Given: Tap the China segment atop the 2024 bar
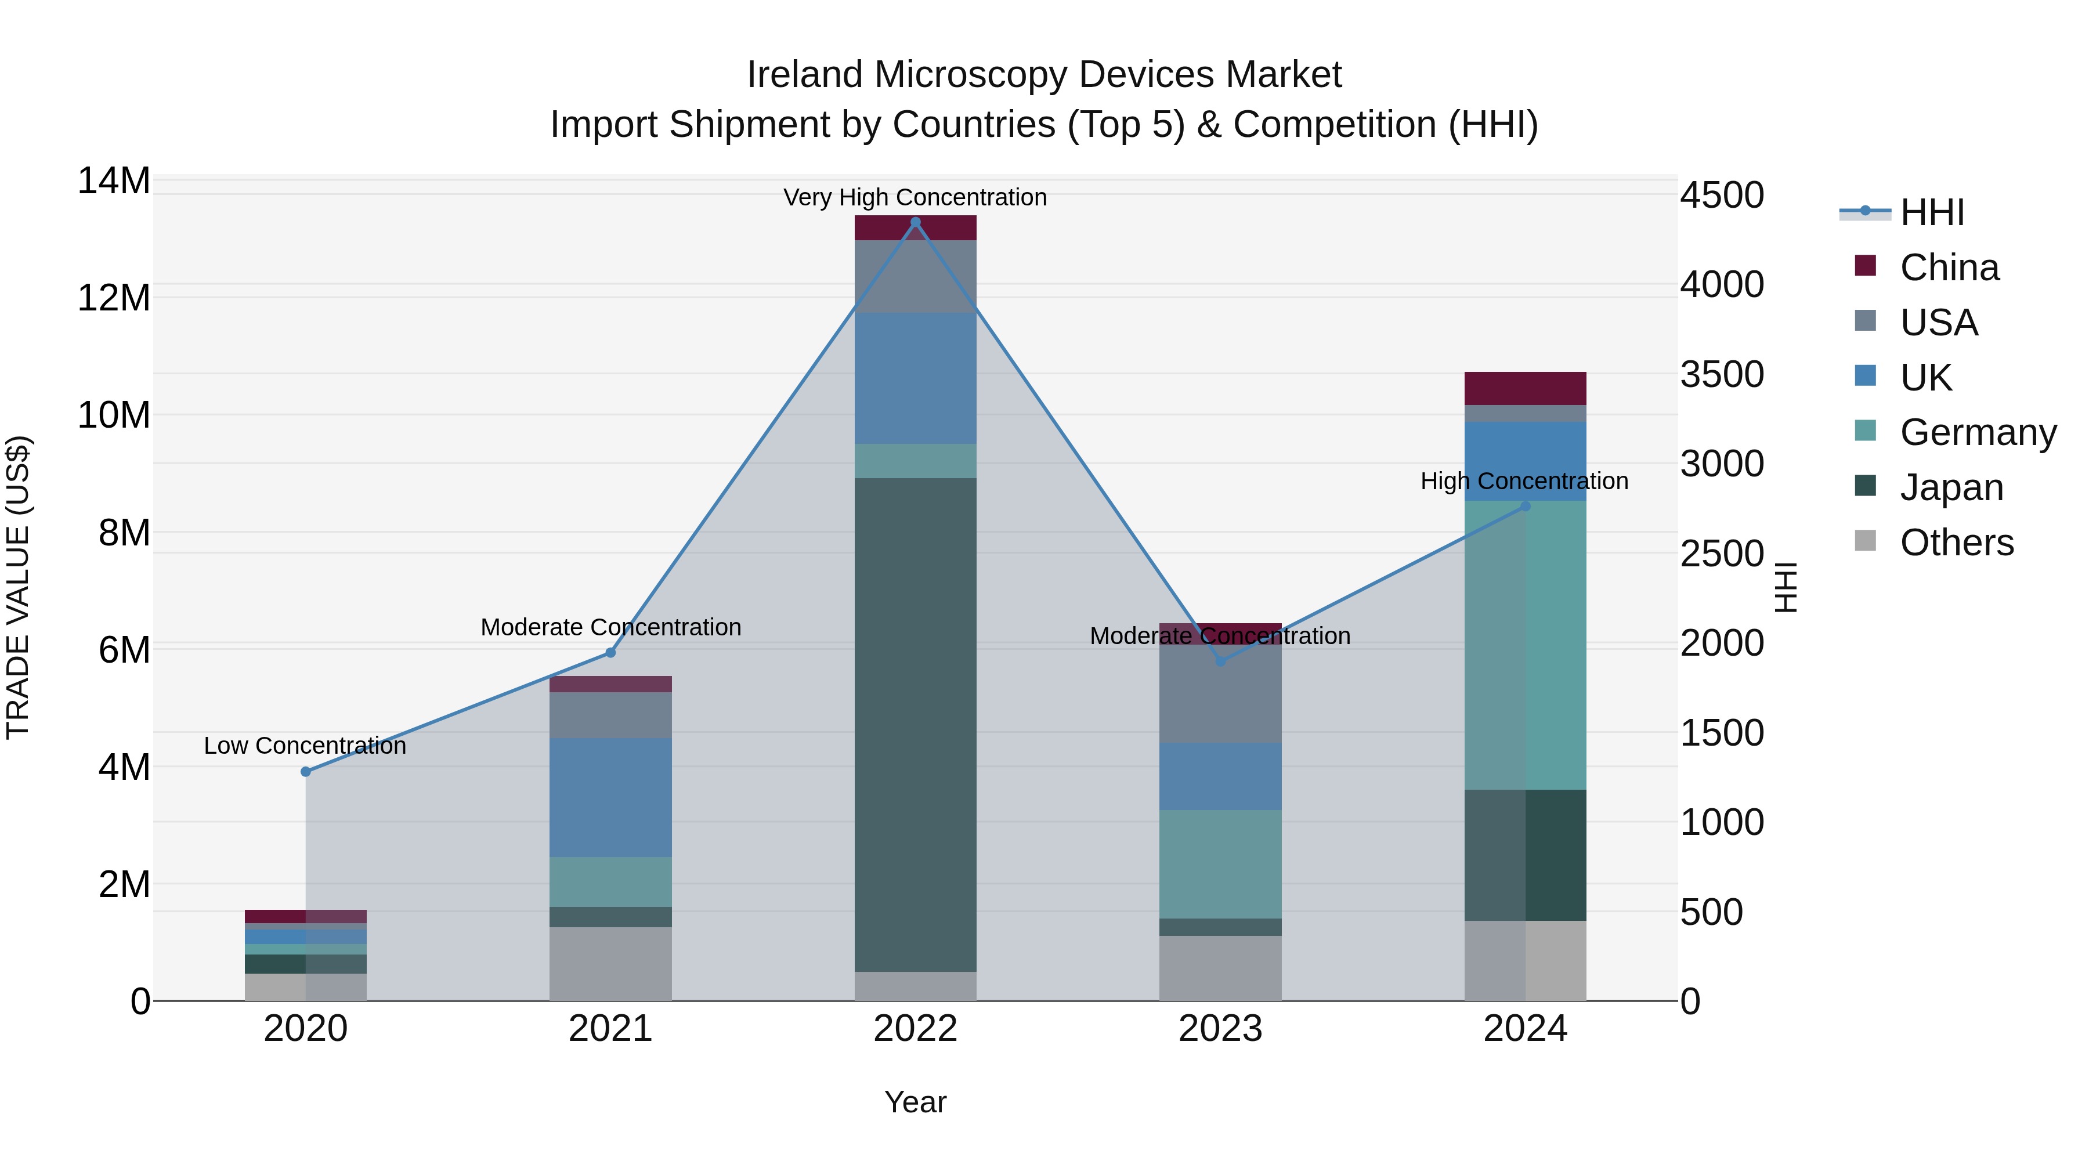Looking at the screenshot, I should point(1524,388).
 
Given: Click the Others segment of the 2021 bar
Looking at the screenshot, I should point(610,963).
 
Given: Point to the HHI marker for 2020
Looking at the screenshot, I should point(306,771).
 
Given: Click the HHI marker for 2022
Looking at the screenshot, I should point(916,222).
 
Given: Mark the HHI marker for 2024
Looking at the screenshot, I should point(1524,506).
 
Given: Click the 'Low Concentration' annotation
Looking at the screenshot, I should point(305,745).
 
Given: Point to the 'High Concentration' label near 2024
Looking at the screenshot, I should point(1524,481).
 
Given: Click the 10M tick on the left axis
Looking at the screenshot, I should point(114,415).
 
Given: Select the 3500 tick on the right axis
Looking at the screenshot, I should point(1721,375).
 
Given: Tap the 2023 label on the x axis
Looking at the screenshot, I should point(1220,1029).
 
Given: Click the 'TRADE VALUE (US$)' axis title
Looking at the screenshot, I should point(18,587).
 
